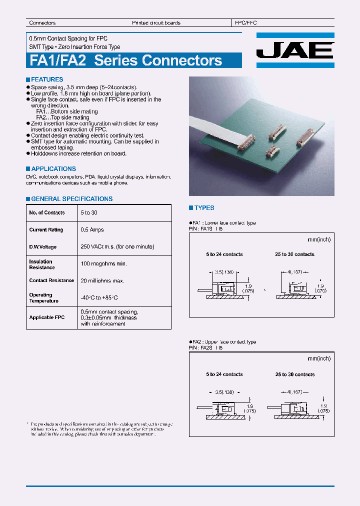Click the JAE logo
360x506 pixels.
click(295, 50)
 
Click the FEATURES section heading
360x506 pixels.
click(46, 79)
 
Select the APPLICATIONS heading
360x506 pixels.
click(53, 169)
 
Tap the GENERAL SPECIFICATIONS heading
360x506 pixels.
click(71, 199)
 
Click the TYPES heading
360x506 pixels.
click(204, 208)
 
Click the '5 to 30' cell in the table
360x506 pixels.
click(88, 213)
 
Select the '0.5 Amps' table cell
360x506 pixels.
click(91, 230)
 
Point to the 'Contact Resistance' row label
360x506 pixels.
click(51, 280)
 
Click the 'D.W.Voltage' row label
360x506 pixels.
click(43, 247)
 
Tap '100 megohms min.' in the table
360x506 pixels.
click(103, 263)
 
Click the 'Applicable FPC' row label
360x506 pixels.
click(47, 317)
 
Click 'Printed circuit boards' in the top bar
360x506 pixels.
click(156, 23)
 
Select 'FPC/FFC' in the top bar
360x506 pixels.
click(245, 23)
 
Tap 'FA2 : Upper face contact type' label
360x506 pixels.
click(224, 342)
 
